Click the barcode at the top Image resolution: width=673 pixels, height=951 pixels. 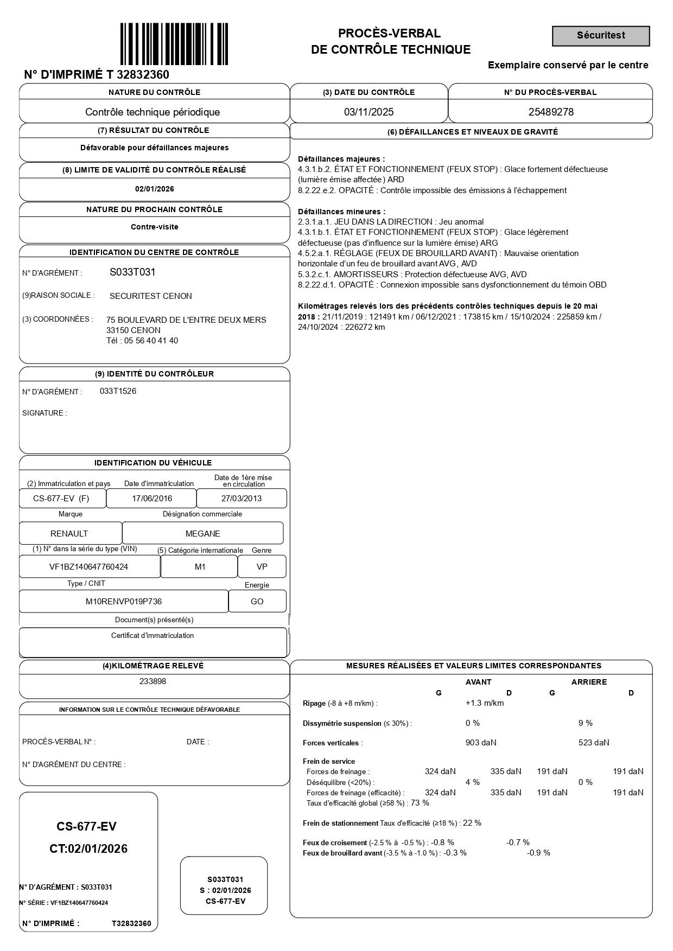[x=174, y=44]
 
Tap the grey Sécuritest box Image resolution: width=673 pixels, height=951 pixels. [x=601, y=36]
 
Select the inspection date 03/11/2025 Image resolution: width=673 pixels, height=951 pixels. [x=369, y=112]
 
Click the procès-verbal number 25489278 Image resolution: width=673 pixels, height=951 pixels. [x=550, y=112]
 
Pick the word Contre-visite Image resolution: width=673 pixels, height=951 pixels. [x=154, y=227]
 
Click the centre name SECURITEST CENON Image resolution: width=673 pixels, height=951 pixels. [x=151, y=296]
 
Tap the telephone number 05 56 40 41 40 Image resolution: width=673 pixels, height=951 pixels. [x=151, y=341]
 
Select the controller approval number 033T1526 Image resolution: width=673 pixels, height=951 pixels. [x=118, y=391]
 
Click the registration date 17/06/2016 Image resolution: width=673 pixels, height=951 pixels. [x=152, y=499]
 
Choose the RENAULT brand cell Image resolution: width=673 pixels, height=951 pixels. [x=69, y=533]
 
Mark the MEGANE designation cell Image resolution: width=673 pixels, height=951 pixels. [x=202, y=533]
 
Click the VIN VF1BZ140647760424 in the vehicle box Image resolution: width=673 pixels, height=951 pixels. [x=89, y=567]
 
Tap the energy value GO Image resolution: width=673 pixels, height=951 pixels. [x=257, y=601]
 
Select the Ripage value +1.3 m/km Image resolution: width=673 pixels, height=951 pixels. [x=484, y=703]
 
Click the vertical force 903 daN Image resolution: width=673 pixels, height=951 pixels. [x=480, y=743]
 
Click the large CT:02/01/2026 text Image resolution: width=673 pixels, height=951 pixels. [x=88, y=849]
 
